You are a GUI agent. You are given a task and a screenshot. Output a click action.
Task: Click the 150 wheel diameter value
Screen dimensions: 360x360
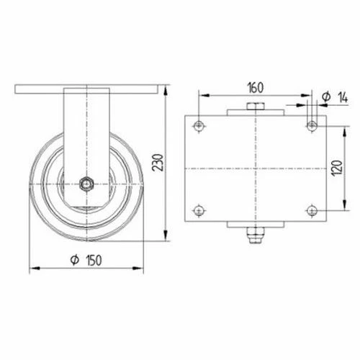pyautogui.click(x=92, y=260)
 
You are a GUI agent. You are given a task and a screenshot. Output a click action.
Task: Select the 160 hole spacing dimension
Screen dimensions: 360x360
pyautogui.click(x=255, y=88)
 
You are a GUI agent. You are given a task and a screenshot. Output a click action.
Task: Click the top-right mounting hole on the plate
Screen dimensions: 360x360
pyautogui.click(x=312, y=126)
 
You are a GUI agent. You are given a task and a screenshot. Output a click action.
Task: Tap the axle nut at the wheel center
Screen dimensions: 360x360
pyautogui.click(x=86, y=184)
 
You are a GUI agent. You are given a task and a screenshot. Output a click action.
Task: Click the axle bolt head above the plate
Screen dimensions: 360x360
pyautogui.click(x=255, y=108)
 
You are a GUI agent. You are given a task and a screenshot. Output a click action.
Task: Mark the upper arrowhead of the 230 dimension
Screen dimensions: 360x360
pyautogui.click(x=168, y=89)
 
